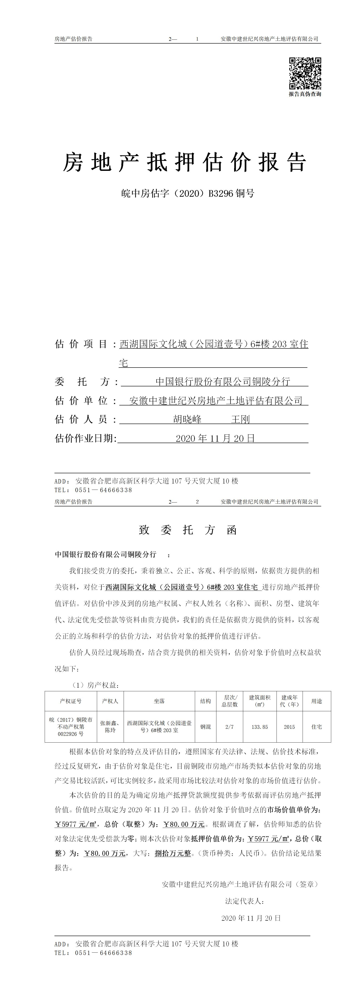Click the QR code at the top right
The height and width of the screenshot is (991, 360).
305,73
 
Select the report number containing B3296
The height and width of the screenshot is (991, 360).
187,193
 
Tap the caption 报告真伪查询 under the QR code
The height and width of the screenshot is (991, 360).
305,94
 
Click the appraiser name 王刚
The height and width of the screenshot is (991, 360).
240,419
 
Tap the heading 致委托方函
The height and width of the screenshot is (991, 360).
187,530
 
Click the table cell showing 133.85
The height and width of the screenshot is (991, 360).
260,727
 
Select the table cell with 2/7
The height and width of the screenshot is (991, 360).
229,727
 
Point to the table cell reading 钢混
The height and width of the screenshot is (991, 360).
205,727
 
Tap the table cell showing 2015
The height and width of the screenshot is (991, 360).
289,727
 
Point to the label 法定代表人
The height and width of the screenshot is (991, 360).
244,901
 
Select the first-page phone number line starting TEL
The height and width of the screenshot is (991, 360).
93,490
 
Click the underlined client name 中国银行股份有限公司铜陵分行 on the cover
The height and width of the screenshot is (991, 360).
223,382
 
